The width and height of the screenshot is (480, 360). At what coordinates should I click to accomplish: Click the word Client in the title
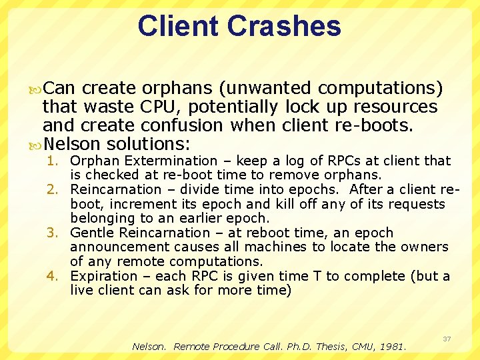click(x=178, y=26)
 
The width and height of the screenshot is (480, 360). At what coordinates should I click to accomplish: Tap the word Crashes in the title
click(x=284, y=26)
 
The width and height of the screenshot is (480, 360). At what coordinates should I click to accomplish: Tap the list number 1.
click(x=53, y=161)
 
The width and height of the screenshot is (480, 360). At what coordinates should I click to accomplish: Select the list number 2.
click(x=53, y=189)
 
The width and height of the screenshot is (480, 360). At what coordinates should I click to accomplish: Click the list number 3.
click(x=53, y=233)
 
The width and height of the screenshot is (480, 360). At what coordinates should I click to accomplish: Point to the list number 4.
click(x=53, y=276)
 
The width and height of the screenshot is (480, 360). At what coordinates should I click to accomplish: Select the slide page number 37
click(x=447, y=339)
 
